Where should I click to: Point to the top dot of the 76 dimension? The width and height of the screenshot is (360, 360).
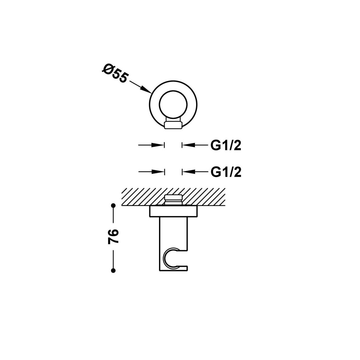113,205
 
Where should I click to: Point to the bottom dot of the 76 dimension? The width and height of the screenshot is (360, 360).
113,271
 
